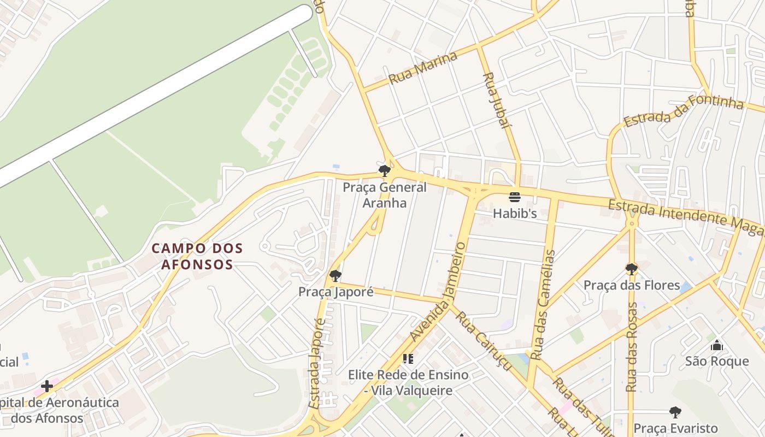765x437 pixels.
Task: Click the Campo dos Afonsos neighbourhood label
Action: coord(197,256)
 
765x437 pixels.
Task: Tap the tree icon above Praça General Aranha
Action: coord(385,170)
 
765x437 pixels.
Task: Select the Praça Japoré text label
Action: coord(336,292)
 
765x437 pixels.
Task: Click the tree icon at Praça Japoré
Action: coord(336,276)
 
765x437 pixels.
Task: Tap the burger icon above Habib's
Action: coord(515,197)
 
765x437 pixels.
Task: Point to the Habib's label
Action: coord(515,214)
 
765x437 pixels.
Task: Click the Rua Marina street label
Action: coord(422,68)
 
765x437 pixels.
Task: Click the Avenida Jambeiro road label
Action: coord(438,293)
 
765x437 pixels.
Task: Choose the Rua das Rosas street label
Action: coord(632,347)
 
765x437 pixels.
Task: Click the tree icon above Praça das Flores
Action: coord(632,269)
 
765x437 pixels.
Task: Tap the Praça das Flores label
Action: coord(632,285)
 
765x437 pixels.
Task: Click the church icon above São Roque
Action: coord(717,345)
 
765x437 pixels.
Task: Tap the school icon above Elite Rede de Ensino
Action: coord(408,359)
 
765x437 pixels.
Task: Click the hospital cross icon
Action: coord(47,386)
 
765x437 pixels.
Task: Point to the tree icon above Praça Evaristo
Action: coord(675,412)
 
